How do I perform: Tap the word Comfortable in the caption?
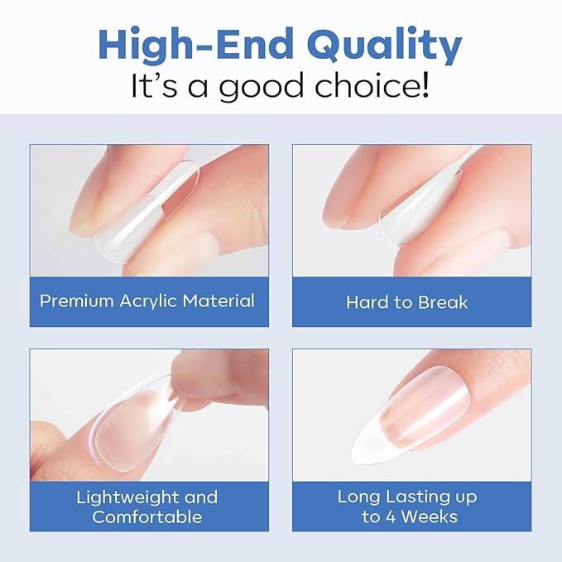tap(147, 517)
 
